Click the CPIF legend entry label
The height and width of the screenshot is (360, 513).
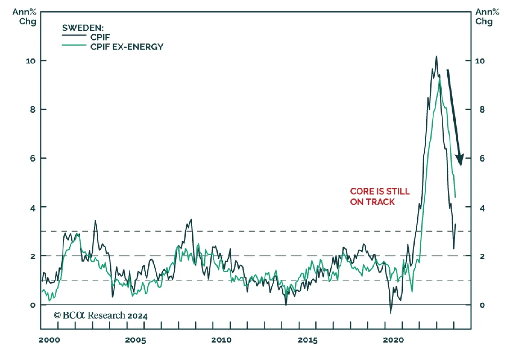click(x=100, y=37)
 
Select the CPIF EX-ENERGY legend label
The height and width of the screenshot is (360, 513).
click(x=127, y=47)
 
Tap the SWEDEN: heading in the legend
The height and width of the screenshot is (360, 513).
click(x=83, y=28)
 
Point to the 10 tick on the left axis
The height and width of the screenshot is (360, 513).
click(x=30, y=61)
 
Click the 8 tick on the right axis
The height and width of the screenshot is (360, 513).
click(x=482, y=110)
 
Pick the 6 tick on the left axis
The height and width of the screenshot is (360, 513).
click(x=33, y=158)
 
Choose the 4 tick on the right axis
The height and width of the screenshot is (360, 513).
click(x=482, y=208)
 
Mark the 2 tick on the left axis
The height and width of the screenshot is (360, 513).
click(x=33, y=256)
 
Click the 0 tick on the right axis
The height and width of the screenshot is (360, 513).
click(x=482, y=305)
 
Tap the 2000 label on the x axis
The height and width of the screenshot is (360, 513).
click(x=49, y=340)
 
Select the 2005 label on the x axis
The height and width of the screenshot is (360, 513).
click(x=135, y=340)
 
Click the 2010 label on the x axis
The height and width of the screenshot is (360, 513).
click(x=221, y=340)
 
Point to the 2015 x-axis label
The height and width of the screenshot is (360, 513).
click(x=307, y=340)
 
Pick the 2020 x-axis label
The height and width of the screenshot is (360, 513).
click(x=393, y=340)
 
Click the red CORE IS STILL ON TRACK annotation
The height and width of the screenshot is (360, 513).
click(x=380, y=197)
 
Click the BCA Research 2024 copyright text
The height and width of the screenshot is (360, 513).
click(x=101, y=315)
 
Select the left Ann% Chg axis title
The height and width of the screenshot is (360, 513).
click(x=25, y=17)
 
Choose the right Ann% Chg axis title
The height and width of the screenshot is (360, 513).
click(x=487, y=17)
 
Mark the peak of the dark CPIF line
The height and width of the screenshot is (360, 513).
click(x=436, y=57)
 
